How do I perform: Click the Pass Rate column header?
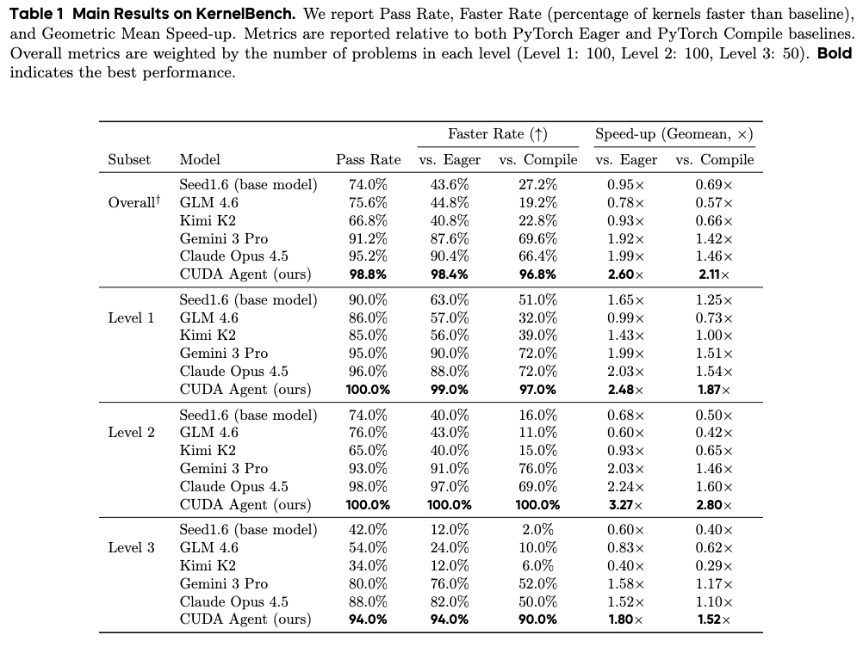[368, 159]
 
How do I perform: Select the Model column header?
[200, 159]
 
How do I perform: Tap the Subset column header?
[129, 159]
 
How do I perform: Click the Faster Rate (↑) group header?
[498, 134]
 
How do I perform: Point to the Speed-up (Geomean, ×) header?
[674, 134]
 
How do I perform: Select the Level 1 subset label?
[131, 317]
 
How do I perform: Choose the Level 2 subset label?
[131, 432]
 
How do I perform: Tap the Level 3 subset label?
[131, 547]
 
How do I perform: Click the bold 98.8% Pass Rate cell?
[368, 274]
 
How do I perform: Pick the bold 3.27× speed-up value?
[625, 505]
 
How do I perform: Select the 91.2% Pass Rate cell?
[368, 238]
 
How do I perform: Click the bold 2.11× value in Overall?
[714, 274]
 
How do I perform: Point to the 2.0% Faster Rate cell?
[537, 529]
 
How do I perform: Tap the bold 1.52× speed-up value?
[714, 620]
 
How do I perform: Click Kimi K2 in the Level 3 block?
[208, 565]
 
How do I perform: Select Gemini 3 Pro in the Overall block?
[223, 238]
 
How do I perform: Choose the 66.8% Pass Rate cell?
[368, 220]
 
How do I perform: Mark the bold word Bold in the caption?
[834, 53]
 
